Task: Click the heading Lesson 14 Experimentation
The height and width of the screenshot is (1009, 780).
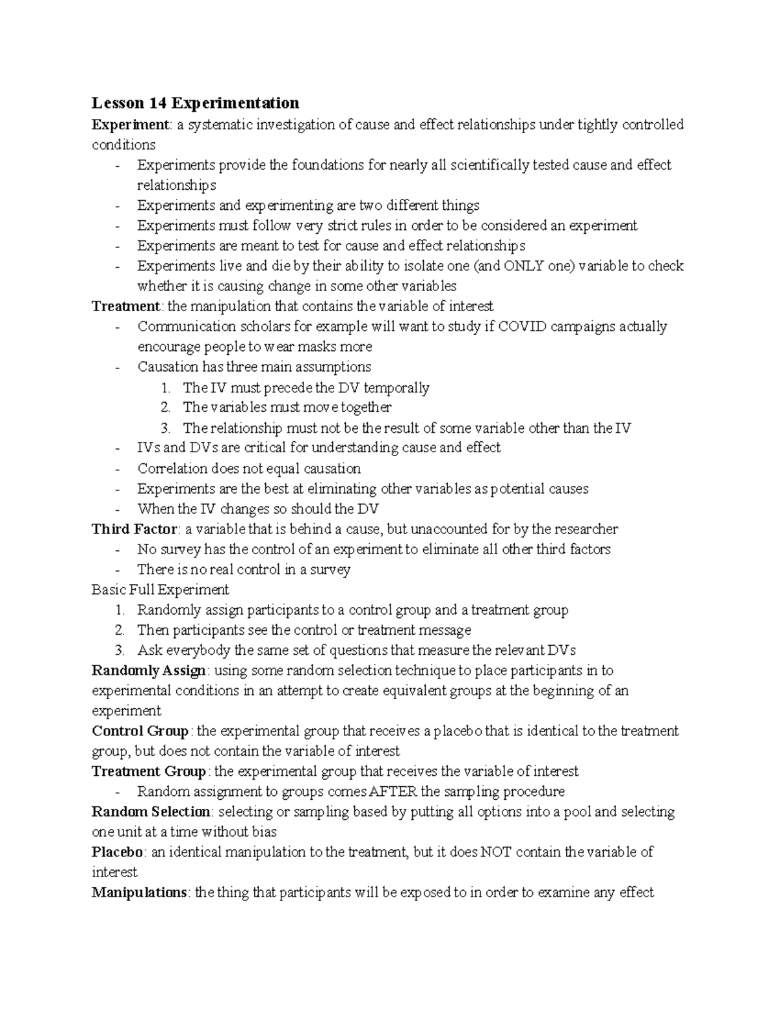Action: tap(195, 103)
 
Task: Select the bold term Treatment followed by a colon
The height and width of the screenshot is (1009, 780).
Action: tap(125, 306)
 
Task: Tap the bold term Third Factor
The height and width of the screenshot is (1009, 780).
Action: tap(134, 529)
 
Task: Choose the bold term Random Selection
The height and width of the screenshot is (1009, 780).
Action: tap(151, 811)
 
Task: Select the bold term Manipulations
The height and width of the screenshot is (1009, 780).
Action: tap(139, 892)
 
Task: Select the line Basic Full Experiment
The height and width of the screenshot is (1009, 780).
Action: tap(160, 589)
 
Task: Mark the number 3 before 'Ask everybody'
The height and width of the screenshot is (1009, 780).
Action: tap(120, 650)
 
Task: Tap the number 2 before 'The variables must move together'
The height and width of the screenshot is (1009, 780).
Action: tap(166, 407)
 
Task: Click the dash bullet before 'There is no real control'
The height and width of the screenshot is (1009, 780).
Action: tap(117, 570)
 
